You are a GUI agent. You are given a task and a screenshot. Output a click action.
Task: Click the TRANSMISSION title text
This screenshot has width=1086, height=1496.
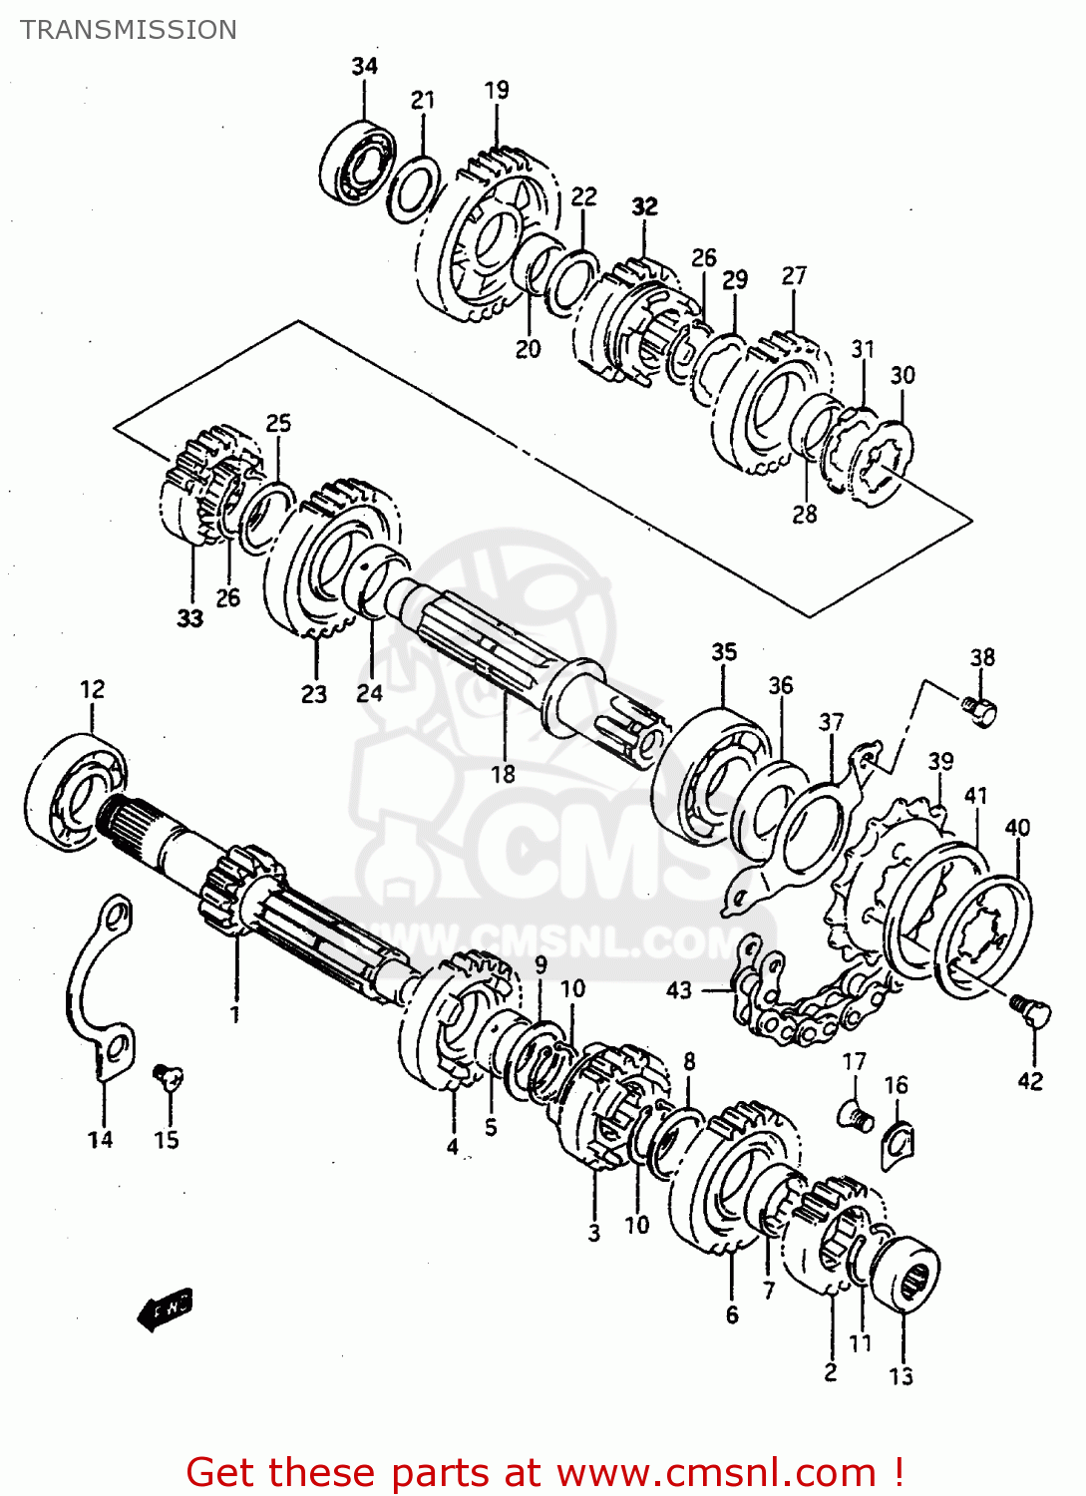(129, 30)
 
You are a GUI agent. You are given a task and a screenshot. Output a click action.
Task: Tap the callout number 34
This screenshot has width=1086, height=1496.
(364, 66)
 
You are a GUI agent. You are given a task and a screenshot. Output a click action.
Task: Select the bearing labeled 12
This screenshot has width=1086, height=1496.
(75, 793)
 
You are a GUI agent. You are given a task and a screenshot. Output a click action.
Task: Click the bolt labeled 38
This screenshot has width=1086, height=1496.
(979, 709)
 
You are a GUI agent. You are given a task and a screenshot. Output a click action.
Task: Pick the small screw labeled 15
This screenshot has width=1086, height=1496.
(167, 1075)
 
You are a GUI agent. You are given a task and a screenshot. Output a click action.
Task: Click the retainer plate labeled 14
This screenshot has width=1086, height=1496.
(100, 987)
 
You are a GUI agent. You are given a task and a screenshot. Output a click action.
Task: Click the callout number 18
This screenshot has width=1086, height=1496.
(503, 774)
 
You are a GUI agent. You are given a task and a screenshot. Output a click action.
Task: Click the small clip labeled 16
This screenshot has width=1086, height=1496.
(898, 1142)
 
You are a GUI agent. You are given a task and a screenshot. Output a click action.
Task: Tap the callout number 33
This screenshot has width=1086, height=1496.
(189, 618)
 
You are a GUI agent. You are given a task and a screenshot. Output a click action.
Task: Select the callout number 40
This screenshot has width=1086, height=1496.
(1017, 827)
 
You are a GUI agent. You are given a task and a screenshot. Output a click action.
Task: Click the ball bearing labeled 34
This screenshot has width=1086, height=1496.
(358, 164)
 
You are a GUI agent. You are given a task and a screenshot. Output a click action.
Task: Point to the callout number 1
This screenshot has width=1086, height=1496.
(235, 1015)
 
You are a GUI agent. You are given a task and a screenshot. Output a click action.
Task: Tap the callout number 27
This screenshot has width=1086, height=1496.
(794, 275)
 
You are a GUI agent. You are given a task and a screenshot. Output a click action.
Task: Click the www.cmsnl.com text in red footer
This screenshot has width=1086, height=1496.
(715, 1473)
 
